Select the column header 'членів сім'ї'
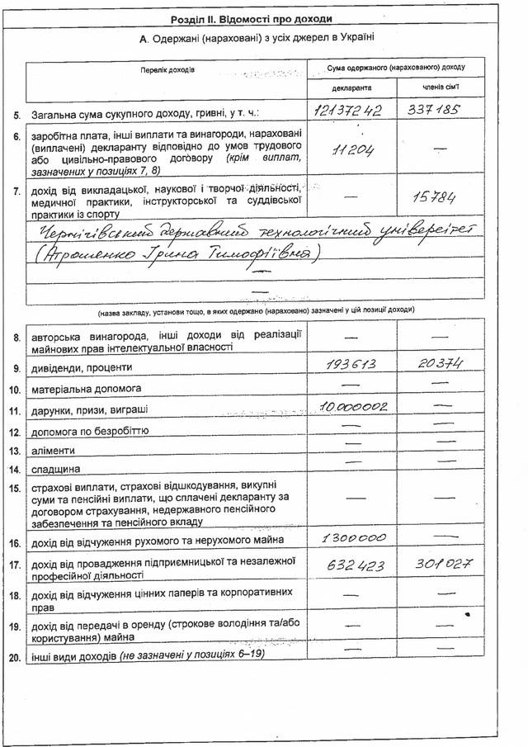click(436, 87)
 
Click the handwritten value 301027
click(435, 566)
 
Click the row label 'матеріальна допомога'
click(87, 388)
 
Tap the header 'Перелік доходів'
click(167, 70)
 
